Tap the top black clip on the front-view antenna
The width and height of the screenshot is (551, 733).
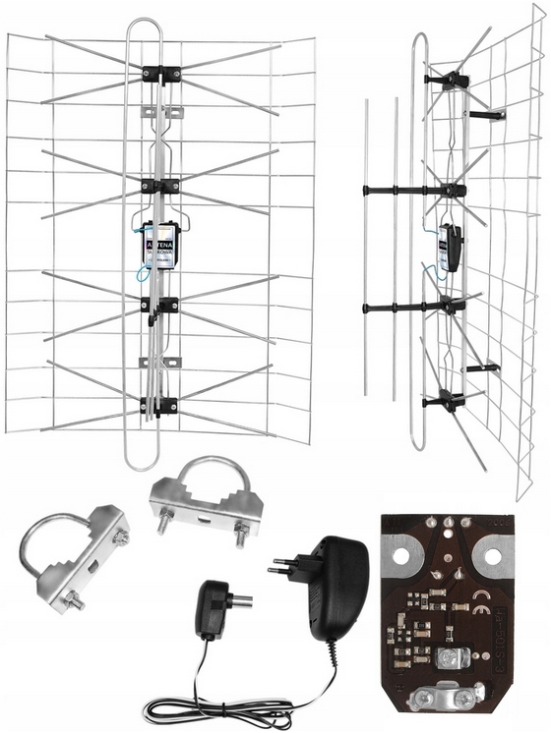(x=160, y=74)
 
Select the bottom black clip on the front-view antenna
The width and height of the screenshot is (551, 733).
(x=159, y=404)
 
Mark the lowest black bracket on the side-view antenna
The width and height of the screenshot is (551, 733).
(x=445, y=401)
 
